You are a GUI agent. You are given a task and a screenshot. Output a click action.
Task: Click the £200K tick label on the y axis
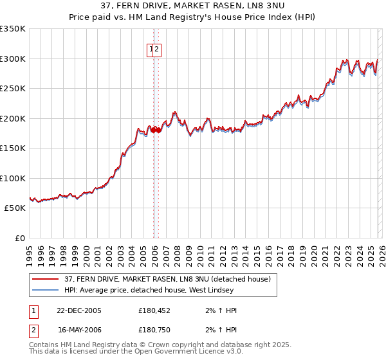[x=12, y=118]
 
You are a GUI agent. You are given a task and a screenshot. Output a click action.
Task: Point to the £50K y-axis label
[x=14, y=208]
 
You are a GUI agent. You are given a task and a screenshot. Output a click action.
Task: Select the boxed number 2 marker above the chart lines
[x=157, y=49]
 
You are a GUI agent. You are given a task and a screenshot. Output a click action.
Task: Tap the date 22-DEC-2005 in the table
[x=79, y=310]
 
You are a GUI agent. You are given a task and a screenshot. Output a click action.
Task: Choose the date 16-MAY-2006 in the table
[x=79, y=330]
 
